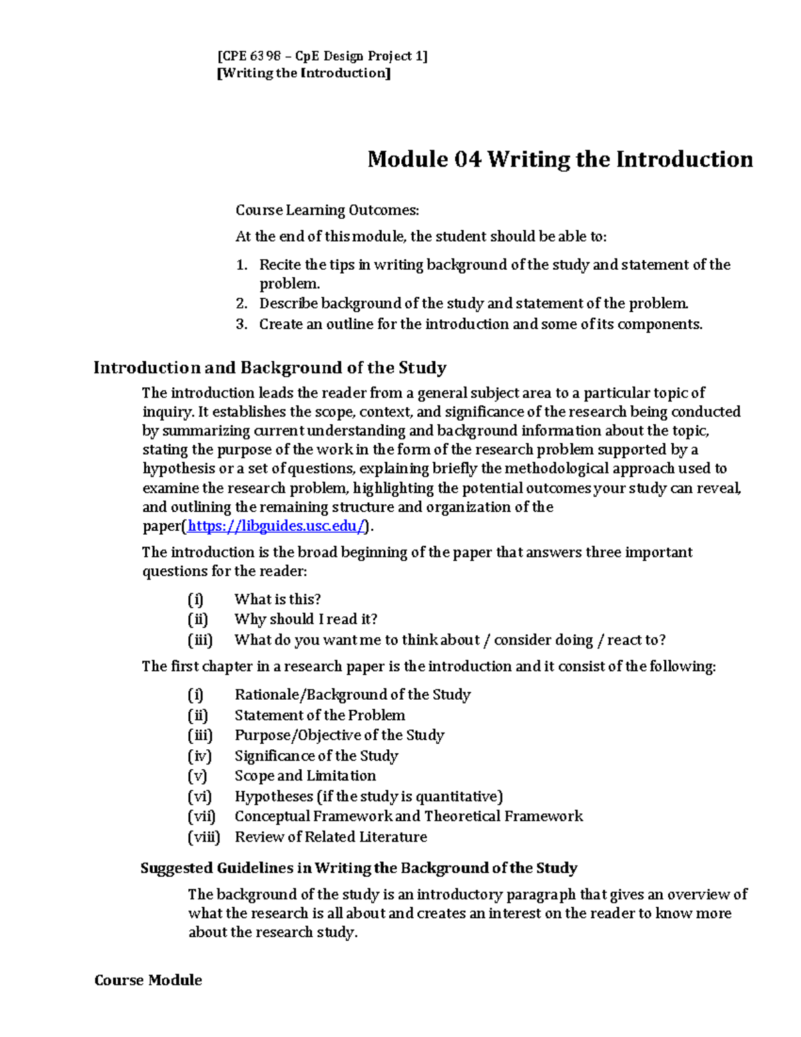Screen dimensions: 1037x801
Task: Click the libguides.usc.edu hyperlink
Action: (277, 526)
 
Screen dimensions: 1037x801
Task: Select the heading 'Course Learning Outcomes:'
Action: (327, 210)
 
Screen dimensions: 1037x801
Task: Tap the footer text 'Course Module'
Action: (148, 980)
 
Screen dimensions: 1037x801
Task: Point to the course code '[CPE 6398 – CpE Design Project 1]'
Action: (322, 56)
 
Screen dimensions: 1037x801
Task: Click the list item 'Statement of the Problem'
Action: (320, 715)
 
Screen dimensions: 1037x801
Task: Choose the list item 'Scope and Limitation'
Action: (305, 776)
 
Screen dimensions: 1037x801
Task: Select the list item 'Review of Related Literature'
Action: (330, 837)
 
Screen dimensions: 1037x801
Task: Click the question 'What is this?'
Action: (278, 599)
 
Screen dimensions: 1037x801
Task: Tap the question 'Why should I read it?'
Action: (306, 619)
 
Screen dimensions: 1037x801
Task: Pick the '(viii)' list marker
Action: (204, 837)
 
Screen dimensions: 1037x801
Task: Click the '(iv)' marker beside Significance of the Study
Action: (200, 756)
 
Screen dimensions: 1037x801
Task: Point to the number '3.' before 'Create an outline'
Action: (242, 325)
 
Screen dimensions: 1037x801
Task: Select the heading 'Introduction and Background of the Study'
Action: (270, 368)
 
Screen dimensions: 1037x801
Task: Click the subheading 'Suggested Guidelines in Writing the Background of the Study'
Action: (358, 868)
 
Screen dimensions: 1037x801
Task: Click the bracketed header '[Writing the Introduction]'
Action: (304, 73)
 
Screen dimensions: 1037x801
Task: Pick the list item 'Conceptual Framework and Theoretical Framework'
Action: (409, 816)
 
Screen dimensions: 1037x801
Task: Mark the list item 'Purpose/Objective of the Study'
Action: (339, 735)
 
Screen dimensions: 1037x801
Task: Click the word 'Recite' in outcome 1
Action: (280, 265)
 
